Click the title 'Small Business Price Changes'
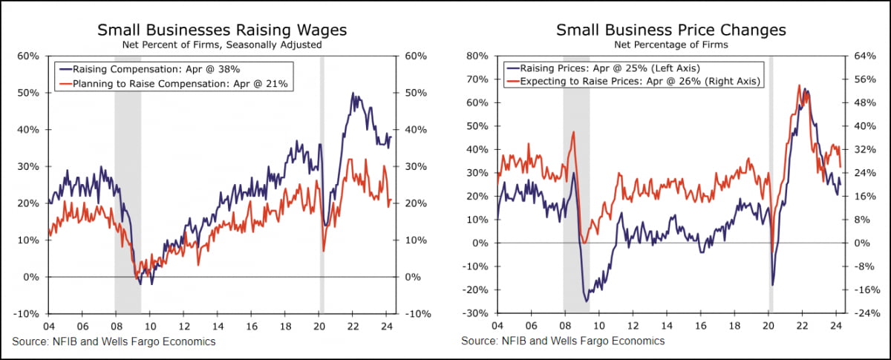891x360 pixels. [x=670, y=30]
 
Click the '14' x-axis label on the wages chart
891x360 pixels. [x=216, y=326]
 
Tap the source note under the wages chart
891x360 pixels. [x=114, y=341]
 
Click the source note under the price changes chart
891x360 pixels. [x=563, y=341]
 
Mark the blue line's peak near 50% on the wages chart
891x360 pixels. [x=353, y=94]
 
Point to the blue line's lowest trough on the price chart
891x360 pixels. [x=587, y=301]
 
